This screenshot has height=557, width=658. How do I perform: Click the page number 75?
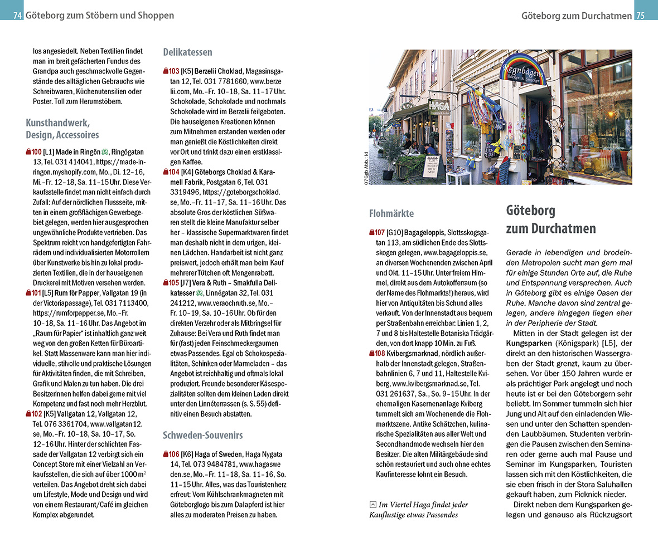point(640,16)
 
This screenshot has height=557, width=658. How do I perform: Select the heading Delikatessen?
point(187,52)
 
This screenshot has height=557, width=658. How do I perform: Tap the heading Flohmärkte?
point(391,213)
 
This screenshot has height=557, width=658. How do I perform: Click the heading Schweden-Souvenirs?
point(202,435)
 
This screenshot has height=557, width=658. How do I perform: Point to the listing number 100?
point(36,152)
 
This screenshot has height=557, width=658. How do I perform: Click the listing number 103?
point(173,71)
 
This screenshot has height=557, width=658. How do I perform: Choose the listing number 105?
point(173,282)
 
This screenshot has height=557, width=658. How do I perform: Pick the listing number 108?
point(380,353)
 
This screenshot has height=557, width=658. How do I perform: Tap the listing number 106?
point(173,454)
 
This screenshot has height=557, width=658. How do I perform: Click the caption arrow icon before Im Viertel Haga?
point(372,505)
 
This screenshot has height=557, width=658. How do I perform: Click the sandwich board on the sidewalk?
point(430,165)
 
